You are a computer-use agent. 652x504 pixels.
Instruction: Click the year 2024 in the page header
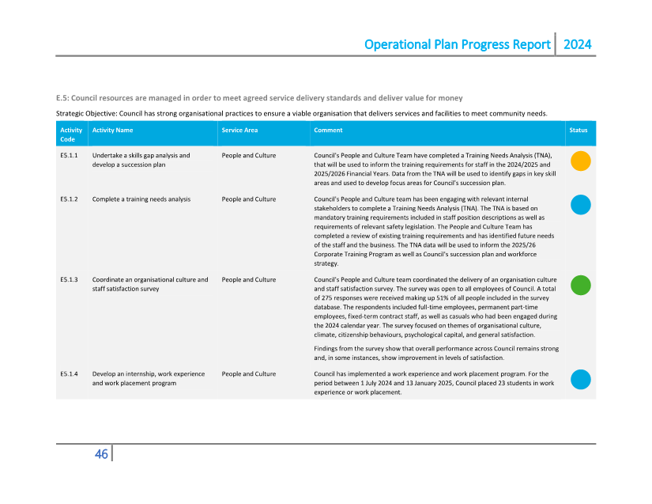(577, 44)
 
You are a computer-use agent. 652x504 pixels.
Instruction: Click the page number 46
(101, 454)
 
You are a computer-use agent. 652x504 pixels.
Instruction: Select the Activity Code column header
(71, 135)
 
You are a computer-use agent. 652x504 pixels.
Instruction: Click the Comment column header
(328, 130)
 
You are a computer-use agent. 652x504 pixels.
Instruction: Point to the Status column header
(579, 130)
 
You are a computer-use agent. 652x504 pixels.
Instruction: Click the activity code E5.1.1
(69, 156)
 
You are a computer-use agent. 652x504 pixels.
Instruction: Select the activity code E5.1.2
(69, 199)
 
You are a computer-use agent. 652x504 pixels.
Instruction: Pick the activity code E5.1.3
(69, 280)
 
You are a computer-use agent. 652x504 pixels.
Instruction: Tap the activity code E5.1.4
(69, 373)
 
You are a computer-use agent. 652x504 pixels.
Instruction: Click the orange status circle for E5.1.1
(581, 161)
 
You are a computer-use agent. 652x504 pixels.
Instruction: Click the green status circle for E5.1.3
(581, 286)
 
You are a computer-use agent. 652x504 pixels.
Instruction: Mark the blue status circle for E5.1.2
(581, 205)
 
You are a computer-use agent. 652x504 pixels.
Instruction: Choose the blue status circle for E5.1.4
(581, 379)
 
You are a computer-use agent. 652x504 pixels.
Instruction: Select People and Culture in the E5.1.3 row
(249, 280)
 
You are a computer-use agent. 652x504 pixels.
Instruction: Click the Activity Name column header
(112, 130)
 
